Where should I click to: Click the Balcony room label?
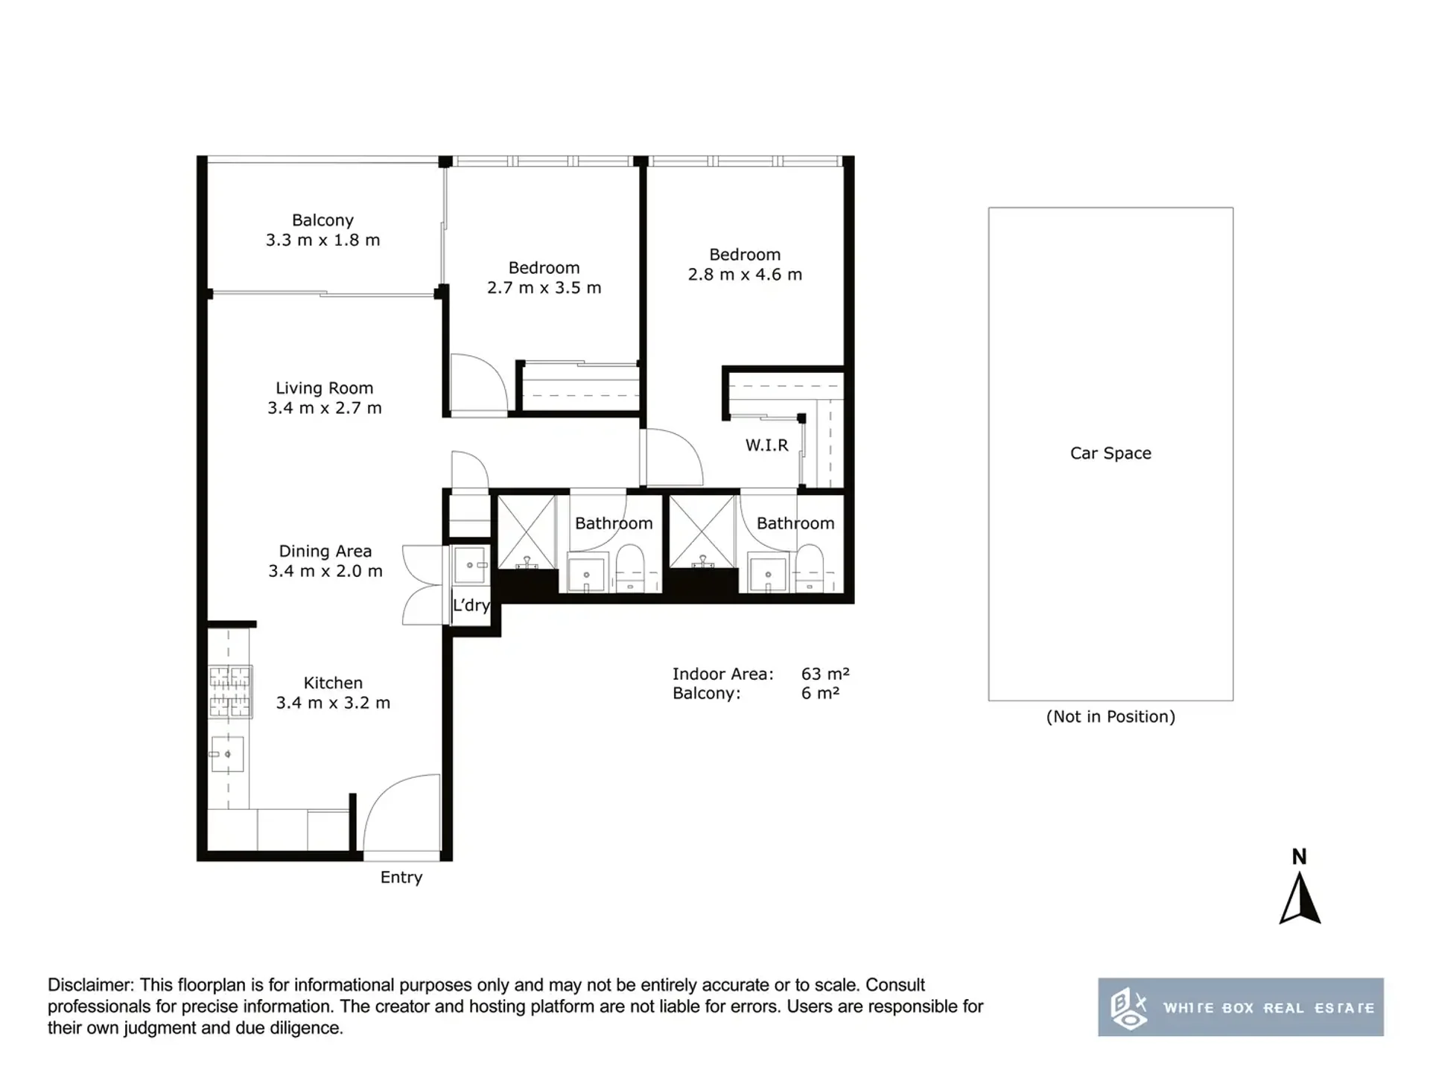(x=322, y=220)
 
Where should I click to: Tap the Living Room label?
(x=324, y=388)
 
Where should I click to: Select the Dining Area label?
(x=325, y=551)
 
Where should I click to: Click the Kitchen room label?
(x=333, y=683)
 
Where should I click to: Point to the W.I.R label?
(x=766, y=445)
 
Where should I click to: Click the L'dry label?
(x=471, y=605)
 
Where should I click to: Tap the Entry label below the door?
(x=401, y=878)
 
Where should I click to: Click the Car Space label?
(x=1110, y=453)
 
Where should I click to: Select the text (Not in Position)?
(x=1110, y=717)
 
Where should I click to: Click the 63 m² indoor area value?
(x=825, y=674)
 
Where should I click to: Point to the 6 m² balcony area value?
(x=820, y=693)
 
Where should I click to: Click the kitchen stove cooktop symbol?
(x=230, y=692)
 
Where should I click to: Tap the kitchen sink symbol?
(x=227, y=754)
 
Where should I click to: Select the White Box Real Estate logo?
(x=1241, y=1007)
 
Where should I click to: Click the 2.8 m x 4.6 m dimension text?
(x=745, y=275)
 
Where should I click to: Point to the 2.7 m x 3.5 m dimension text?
(x=544, y=288)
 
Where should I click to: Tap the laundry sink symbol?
(x=471, y=565)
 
